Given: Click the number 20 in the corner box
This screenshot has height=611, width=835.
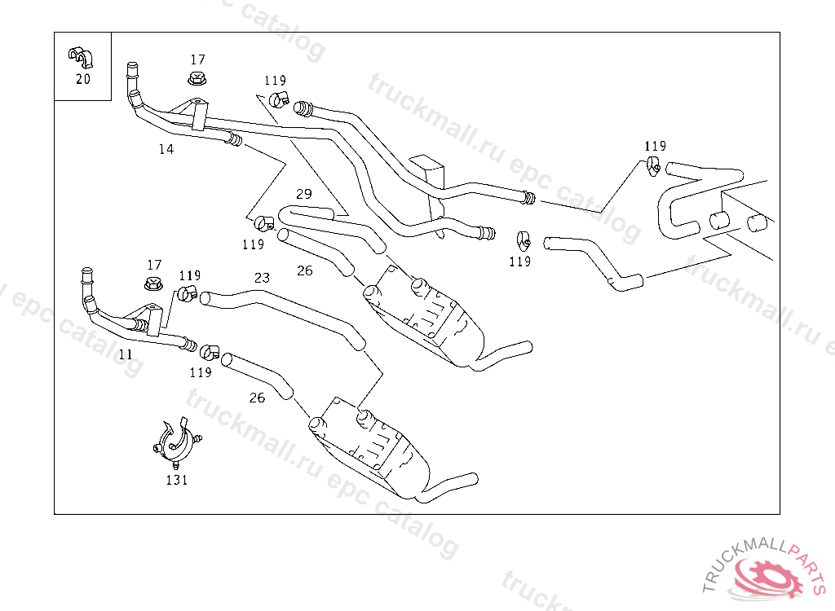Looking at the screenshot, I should pyautogui.click(x=82, y=79).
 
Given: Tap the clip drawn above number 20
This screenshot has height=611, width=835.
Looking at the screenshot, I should pyautogui.click(x=81, y=57).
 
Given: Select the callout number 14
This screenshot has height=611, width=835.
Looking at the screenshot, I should pyautogui.click(x=166, y=149).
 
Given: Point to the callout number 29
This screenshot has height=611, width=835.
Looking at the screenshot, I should pyautogui.click(x=304, y=194).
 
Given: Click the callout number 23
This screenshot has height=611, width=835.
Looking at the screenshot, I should pyautogui.click(x=262, y=278).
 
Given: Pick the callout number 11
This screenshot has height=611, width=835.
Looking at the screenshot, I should pyautogui.click(x=125, y=354).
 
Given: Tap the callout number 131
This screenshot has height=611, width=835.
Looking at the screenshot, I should pyautogui.click(x=177, y=480).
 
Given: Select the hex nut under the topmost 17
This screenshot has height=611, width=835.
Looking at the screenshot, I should pyautogui.click(x=196, y=79).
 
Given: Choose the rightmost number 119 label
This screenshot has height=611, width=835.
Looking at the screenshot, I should pyautogui.click(x=655, y=146).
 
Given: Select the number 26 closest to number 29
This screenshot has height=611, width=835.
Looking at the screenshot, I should pyautogui.click(x=304, y=270).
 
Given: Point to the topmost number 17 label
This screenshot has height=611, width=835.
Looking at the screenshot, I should pyautogui.click(x=198, y=59).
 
